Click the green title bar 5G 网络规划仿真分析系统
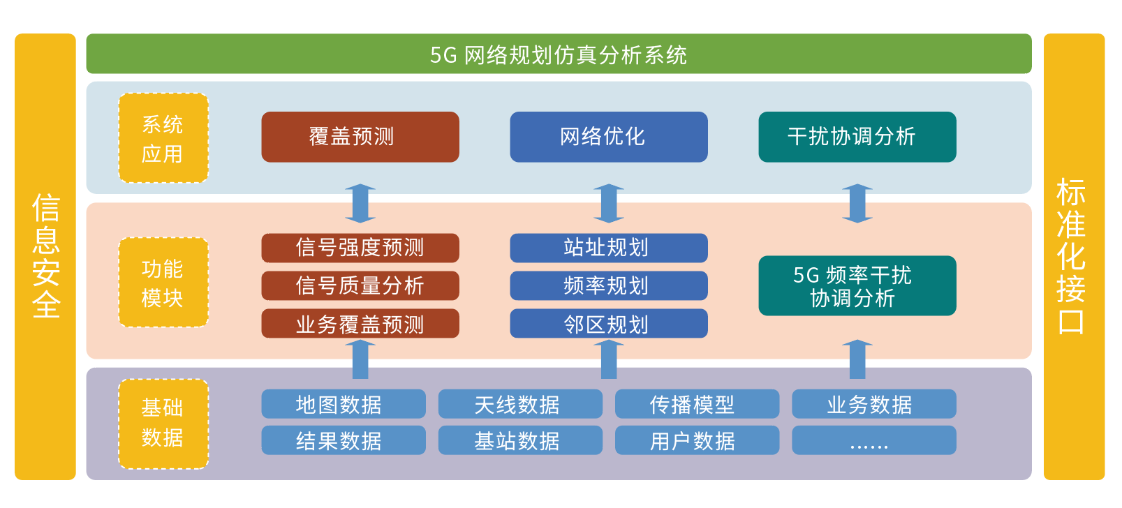(559, 54)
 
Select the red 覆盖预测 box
(360, 137)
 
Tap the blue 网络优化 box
(609, 137)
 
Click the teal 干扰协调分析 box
(857, 137)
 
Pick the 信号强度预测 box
(360, 248)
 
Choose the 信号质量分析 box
(360, 285)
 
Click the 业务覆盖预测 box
(360, 324)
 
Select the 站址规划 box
(609, 248)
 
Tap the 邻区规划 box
(609, 324)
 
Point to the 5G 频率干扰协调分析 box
(857, 286)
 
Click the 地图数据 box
(344, 404)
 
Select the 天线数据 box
(520, 404)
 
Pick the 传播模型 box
(697, 404)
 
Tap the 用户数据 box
(697, 440)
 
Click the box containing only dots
(873, 440)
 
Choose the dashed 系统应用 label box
(163, 138)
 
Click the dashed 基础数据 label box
(163, 424)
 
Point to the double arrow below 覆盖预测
(360, 203)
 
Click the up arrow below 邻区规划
(609, 359)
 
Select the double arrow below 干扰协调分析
(857, 203)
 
